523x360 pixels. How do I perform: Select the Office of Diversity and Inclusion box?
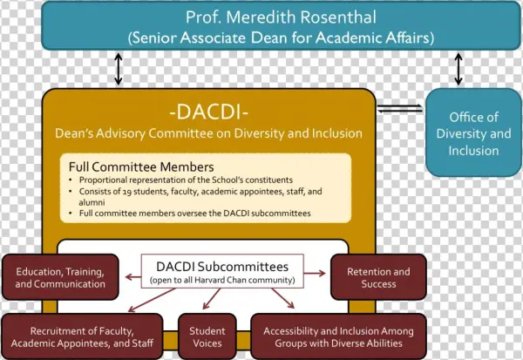pyautogui.click(x=472, y=133)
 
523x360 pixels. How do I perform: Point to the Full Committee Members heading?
pyautogui.click(x=140, y=166)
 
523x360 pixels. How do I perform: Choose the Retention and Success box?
pyautogui.click(x=377, y=276)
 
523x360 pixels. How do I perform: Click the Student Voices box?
pyautogui.click(x=207, y=336)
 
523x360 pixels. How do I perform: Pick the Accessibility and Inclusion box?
pyautogui.click(x=338, y=336)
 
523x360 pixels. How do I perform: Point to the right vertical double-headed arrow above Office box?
pyautogui.click(x=457, y=68)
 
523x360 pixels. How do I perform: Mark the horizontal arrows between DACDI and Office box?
pyautogui.click(x=401, y=109)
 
